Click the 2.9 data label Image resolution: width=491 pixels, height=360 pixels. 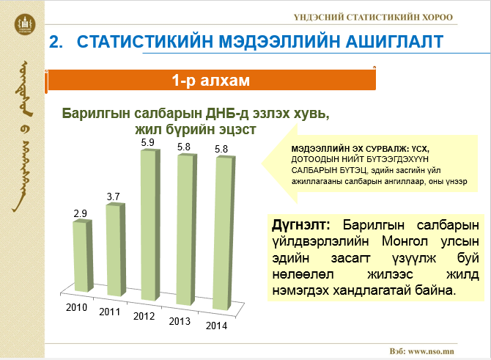point(80,213)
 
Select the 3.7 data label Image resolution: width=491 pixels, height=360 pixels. point(113,196)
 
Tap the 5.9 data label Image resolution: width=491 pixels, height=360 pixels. point(147,142)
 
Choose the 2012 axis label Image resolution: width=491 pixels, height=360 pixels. point(145,315)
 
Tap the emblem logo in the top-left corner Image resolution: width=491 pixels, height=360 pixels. point(23,24)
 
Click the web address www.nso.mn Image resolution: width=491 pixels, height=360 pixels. point(432,351)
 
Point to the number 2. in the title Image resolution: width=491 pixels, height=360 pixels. point(56,43)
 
